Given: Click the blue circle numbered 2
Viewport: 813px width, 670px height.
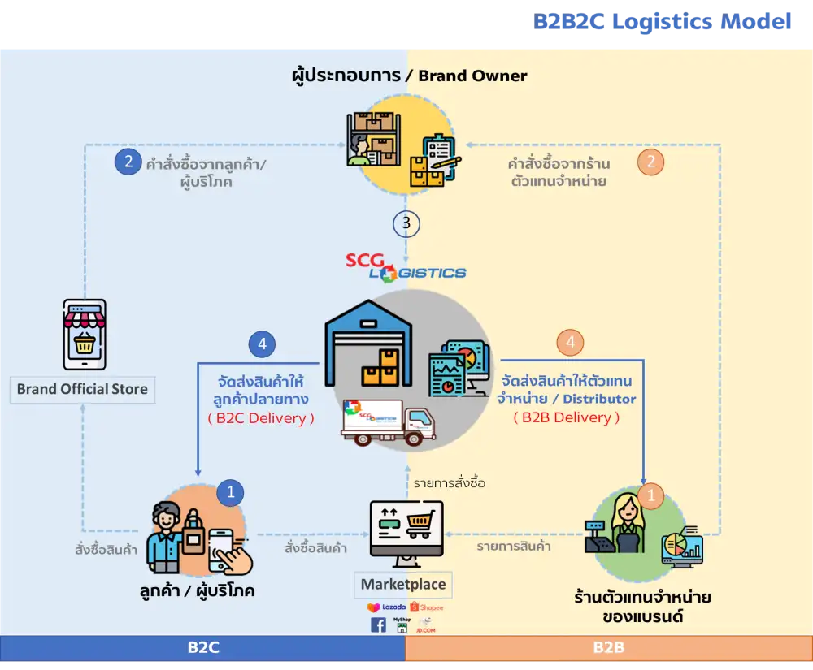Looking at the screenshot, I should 128,162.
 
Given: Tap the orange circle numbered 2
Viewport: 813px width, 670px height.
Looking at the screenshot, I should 650,162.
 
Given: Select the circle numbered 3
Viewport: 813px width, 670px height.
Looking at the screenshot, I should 406,223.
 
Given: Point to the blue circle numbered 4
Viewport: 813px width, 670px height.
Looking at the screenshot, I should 262,344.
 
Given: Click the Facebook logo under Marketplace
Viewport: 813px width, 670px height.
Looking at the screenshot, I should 378,625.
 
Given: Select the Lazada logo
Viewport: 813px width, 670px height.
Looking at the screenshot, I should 386,607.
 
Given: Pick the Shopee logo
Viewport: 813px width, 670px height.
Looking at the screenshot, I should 427,607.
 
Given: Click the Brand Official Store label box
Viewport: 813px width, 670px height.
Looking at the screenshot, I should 82,389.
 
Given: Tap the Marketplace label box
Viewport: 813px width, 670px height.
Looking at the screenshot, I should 403,584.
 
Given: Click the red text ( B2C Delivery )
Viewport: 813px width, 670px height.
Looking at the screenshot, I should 261,418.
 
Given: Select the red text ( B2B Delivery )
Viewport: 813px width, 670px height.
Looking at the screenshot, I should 567,417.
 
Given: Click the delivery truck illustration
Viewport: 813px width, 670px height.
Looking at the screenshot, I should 388,422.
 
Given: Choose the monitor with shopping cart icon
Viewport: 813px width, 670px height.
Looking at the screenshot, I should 406,528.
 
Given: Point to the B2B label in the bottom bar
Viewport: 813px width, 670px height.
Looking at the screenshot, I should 608,647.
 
